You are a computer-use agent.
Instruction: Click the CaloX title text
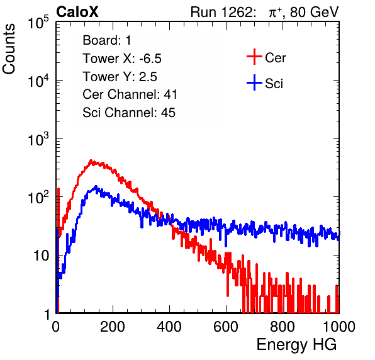coord(77,12)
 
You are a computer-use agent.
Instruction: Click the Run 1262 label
coord(221,12)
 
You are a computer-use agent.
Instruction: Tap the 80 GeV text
coord(314,12)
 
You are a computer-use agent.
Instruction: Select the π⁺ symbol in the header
coord(275,13)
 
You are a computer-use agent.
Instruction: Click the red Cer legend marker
coord(254,57)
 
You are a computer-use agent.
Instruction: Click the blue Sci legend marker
coord(254,82)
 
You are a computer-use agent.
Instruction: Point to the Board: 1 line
coord(107,40)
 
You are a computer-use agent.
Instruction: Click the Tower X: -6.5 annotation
coord(122,59)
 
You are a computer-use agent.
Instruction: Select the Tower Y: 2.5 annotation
coord(120,77)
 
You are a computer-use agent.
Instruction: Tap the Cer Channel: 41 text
coord(130,94)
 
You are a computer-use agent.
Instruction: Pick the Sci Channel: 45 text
coord(129,113)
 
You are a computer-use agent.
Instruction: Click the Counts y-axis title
coord(9,49)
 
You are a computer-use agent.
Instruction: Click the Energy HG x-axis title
coord(296,345)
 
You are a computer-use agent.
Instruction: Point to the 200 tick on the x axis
coord(113,327)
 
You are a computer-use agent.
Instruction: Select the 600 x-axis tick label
coord(226,327)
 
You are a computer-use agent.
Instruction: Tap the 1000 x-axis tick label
coord(339,327)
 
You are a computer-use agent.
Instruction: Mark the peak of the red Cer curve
coord(91,160)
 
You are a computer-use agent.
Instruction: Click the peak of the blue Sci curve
coord(96,186)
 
